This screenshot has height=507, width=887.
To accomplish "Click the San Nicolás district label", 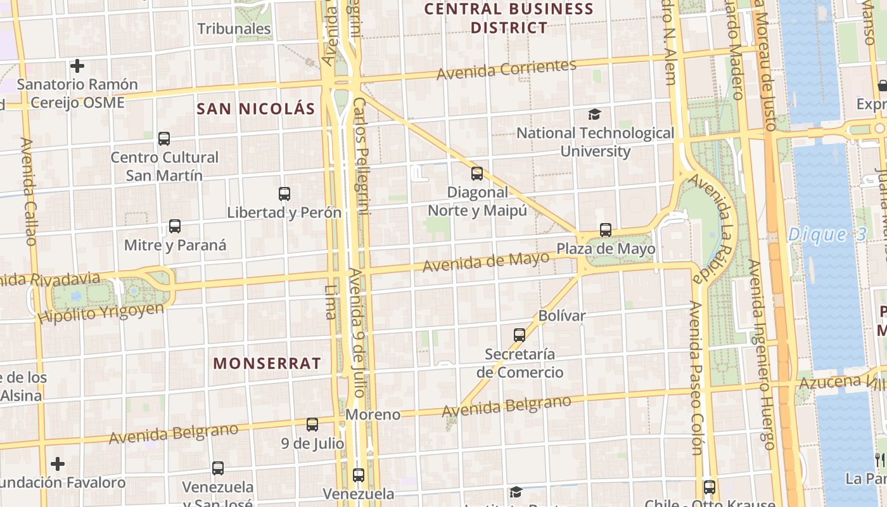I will point(256,108).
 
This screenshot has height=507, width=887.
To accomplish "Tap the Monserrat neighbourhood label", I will point(267,363).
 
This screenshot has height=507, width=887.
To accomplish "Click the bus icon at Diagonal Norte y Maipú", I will point(477,173).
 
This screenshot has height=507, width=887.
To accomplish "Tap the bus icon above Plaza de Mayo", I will point(606,229).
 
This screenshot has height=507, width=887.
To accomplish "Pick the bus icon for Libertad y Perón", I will point(284,194).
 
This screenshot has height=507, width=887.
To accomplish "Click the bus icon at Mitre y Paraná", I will point(175,226).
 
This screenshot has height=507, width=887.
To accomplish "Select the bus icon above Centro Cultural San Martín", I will point(164,138).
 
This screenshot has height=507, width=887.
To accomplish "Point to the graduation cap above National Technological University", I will point(594,114).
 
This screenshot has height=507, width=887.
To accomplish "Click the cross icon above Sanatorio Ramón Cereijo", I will point(77,66).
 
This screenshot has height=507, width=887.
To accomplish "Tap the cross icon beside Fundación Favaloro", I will point(58,464).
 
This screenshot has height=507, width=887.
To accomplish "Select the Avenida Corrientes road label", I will point(506,69).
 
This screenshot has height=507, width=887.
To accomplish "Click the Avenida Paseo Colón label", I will point(697,378).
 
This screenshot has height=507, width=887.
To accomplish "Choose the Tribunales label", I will point(234,29).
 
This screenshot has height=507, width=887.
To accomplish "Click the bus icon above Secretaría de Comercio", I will point(520,335).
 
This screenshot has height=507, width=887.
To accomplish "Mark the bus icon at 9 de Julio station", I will point(312,425).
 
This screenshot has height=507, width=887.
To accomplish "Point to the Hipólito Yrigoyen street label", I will point(101,313).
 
